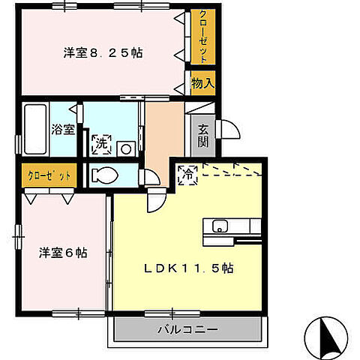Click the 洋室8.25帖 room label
[x=103, y=54]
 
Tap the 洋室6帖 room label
[x=63, y=253]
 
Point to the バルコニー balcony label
[x=187, y=329]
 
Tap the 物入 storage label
[x=202, y=82]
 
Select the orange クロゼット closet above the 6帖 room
[x=49, y=175]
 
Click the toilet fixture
[x=103, y=175]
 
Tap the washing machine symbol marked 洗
[x=100, y=144]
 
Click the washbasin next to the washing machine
[x=127, y=148]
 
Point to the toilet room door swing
[x=151, y=178]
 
